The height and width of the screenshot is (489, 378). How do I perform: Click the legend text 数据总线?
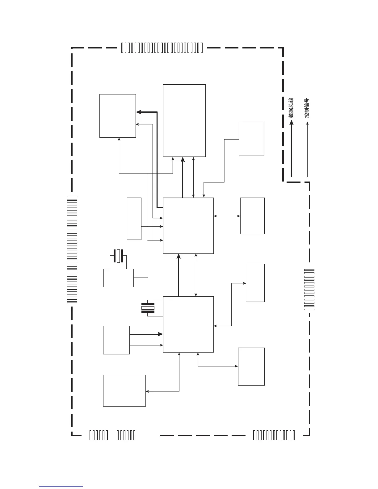pos(291,108)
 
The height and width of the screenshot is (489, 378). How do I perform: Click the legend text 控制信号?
pos(307,108)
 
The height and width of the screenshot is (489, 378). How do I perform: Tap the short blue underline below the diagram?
pos(61,486)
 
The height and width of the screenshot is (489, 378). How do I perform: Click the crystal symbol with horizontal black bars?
pos(148,308)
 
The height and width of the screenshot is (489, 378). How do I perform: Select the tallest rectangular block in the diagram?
pos(184,120)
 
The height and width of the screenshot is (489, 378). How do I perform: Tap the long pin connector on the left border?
pos(72,249)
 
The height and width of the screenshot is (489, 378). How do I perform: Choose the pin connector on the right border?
pos(309,290)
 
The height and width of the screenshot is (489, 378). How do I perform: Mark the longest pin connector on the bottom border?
pos(274,435)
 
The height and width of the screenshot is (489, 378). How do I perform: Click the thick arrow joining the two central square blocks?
pos(178,275)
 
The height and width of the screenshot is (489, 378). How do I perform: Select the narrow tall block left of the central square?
pos(134,219)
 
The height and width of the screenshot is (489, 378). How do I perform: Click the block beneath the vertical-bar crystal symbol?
pos(119,278)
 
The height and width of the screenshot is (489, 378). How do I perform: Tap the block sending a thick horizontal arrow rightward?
pos(116,340)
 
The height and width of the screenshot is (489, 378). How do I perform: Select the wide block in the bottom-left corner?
pos(124,391)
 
